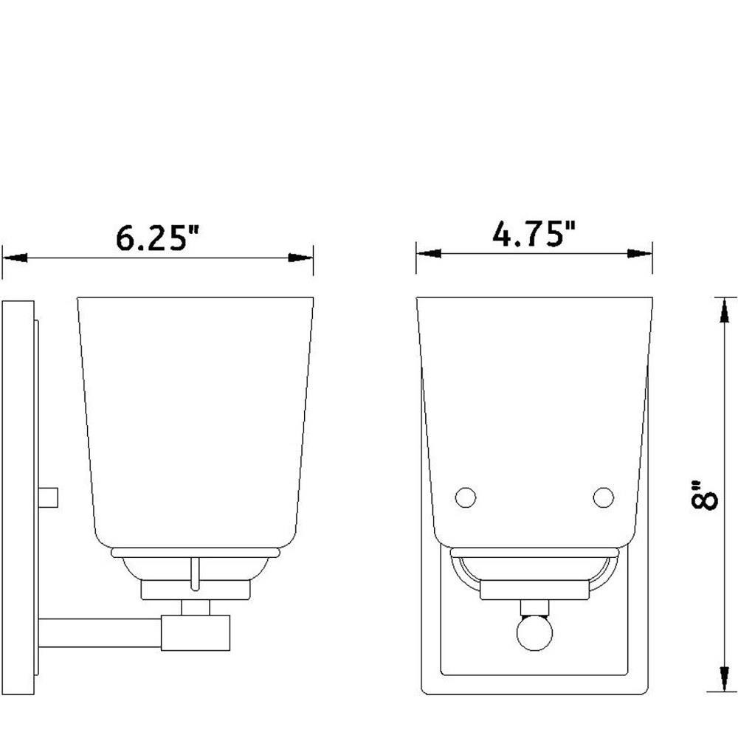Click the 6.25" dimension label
point(157,238)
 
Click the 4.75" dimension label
point(534,233)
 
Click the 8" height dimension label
point(703,494)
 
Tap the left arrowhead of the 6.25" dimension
point(15,258)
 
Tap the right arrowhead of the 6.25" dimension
point(300,258)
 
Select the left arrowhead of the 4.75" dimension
point(429,254)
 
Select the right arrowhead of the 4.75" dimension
point(640,254)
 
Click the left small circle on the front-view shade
point(466,497)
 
